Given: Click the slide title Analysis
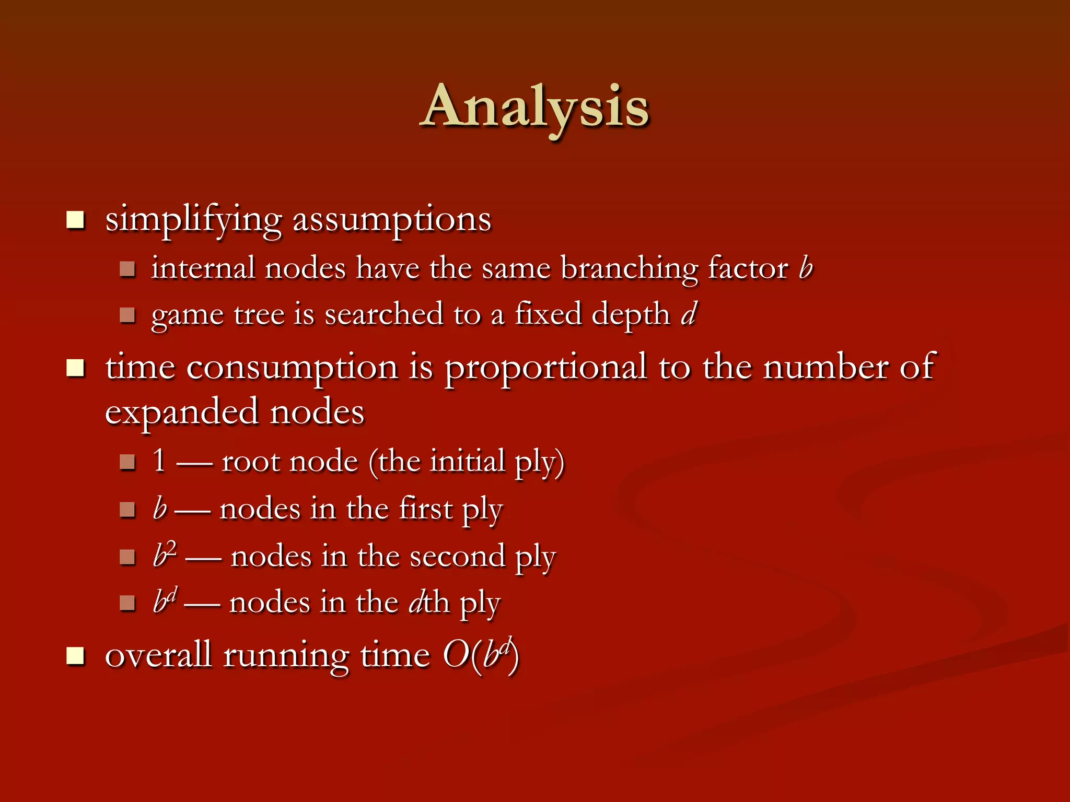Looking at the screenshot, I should [x=535, y=107].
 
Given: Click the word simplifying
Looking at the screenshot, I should [x=193, y=220].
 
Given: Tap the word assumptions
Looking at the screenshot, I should [x=392, y=220].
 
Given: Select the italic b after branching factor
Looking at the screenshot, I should [x=806, y=268].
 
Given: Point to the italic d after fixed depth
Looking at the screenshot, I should [x=689, y=314].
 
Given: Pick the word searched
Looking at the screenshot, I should [x=384, y=314].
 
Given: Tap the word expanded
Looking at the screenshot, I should [x=182, y=412].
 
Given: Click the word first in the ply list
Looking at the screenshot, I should [x=426, y=509].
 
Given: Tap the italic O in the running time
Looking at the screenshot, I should [x=456, y=655].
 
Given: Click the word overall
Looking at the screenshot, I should [x=158, y=655].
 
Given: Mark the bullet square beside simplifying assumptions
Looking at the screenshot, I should [x=76, y=220].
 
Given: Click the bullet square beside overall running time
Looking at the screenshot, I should [x=76, y=656].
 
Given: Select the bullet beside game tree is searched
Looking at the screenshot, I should [x=127, y=315].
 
